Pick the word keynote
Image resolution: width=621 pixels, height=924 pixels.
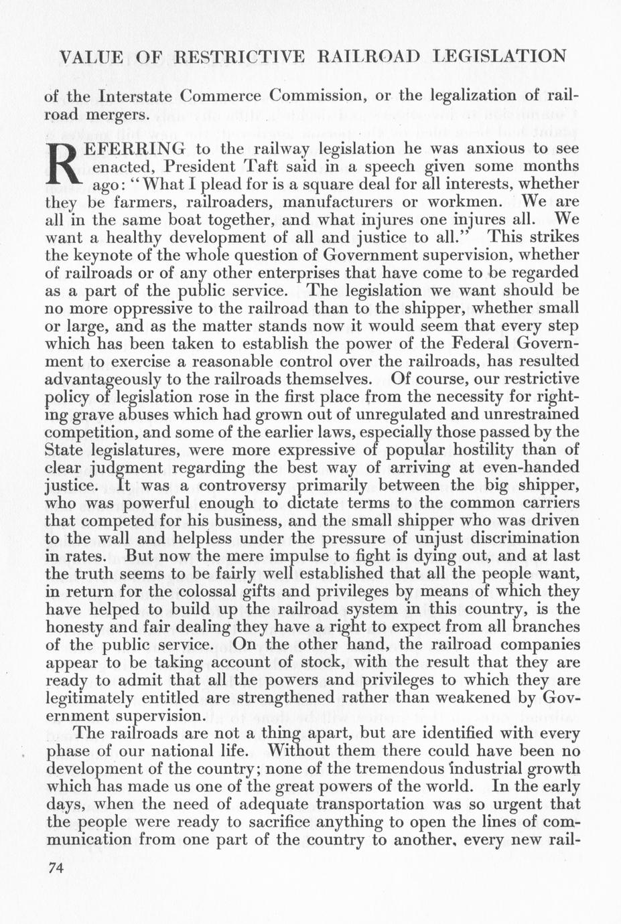pos(111,255)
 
